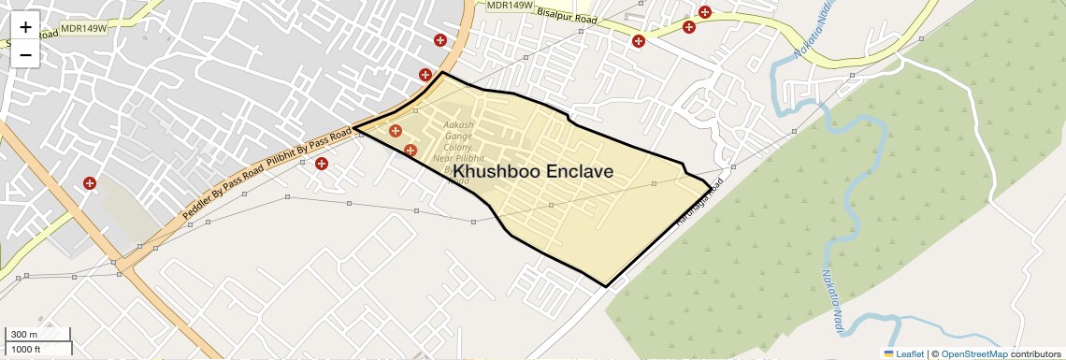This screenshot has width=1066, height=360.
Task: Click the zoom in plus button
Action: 25,27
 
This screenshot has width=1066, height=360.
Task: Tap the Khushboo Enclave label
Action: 533,172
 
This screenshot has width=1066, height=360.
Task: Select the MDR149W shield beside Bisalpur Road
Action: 510,6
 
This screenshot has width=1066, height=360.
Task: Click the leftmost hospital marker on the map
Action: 90,184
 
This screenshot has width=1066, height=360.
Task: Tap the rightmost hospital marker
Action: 705,12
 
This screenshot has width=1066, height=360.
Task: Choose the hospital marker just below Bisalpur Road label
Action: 639,41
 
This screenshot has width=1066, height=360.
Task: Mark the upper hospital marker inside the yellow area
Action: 396,132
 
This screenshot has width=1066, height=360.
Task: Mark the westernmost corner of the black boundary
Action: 353,128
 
